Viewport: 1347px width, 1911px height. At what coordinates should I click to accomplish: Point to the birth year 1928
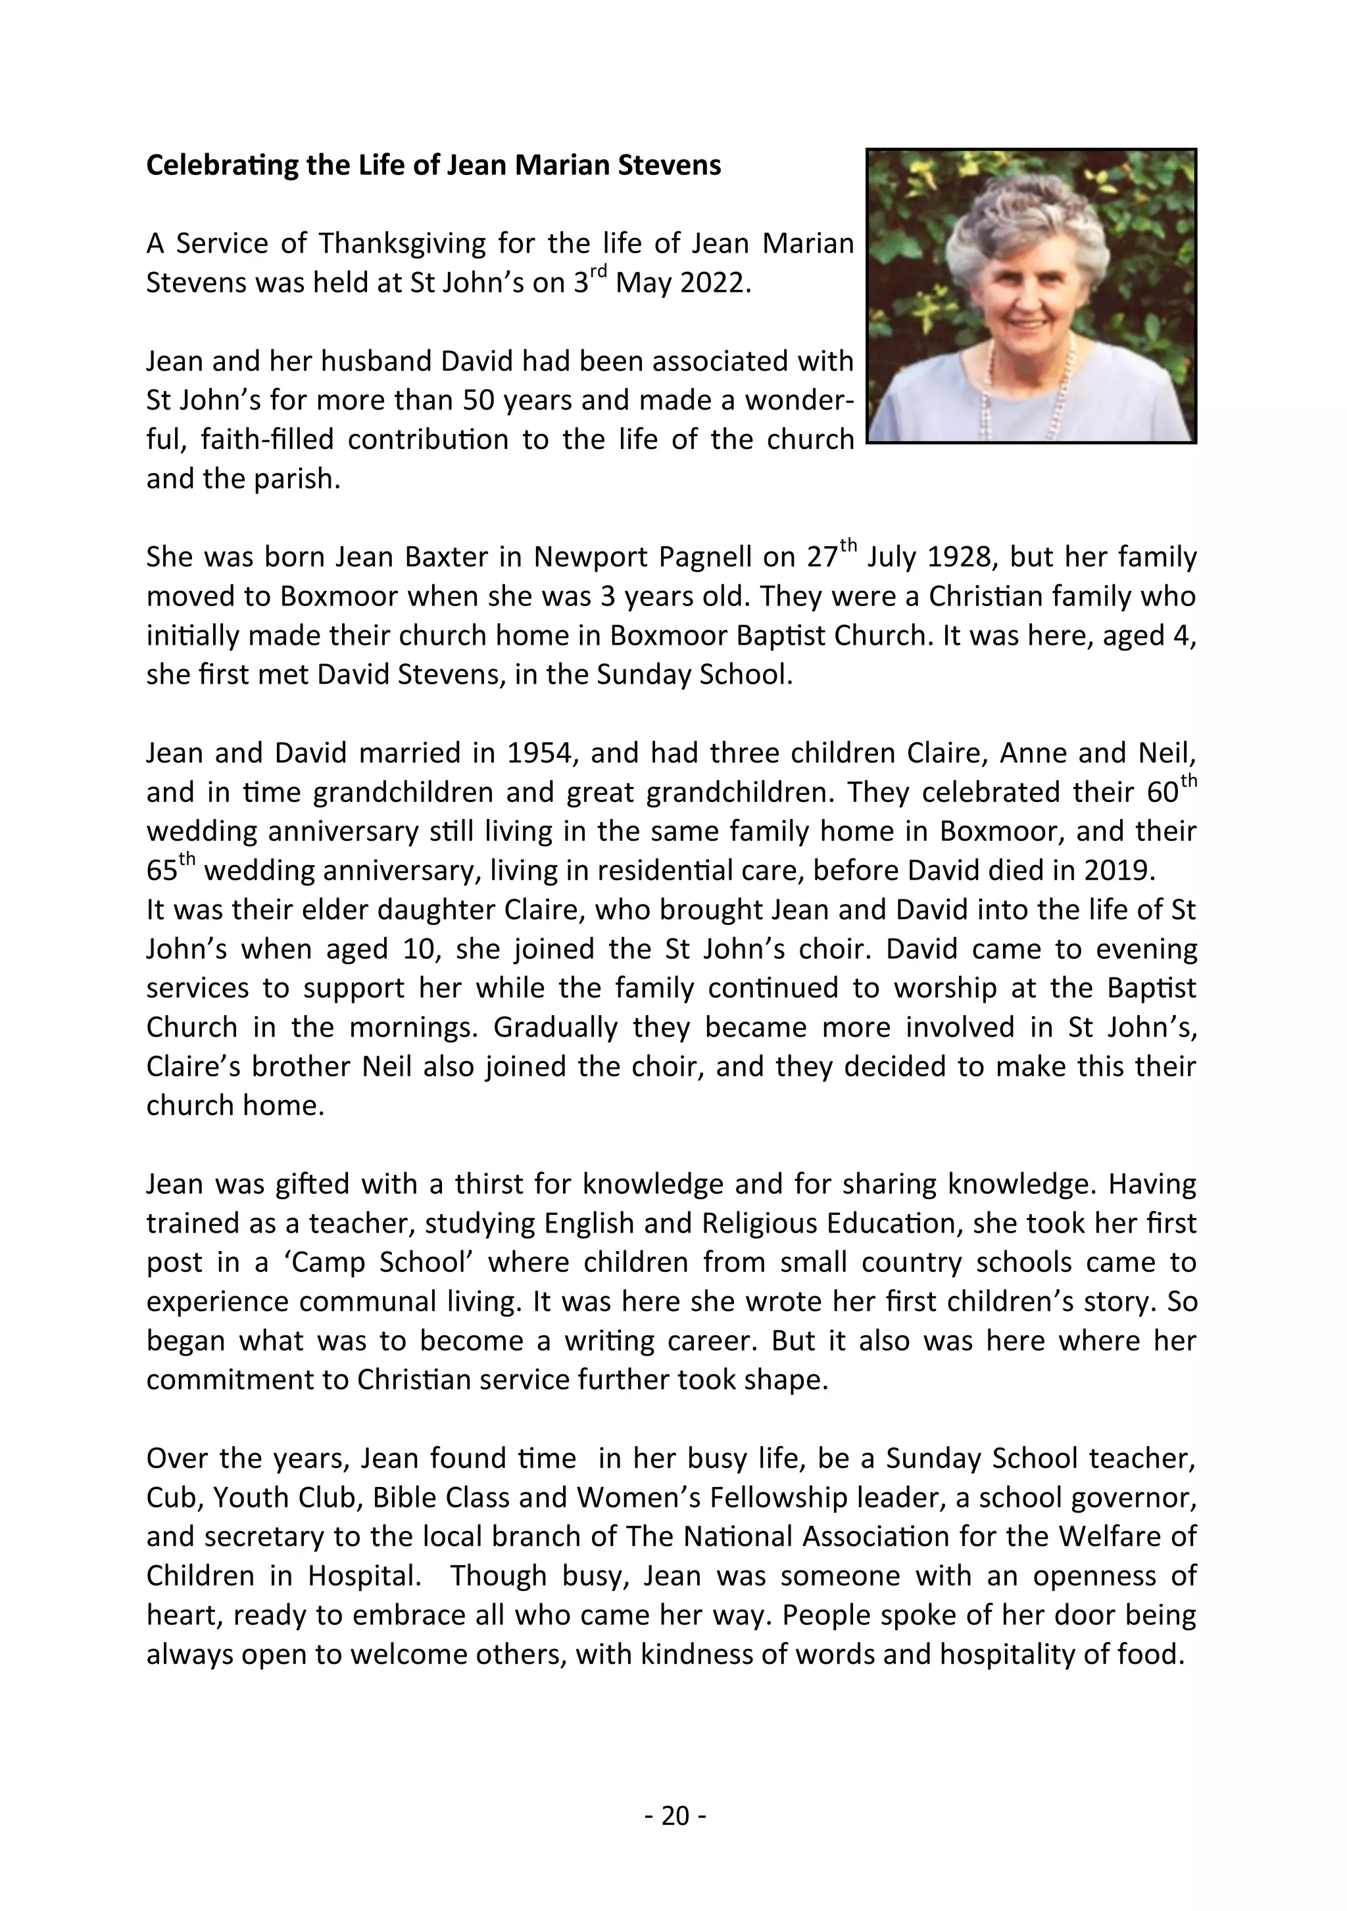pyautogui.click(x=958, y=557)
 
